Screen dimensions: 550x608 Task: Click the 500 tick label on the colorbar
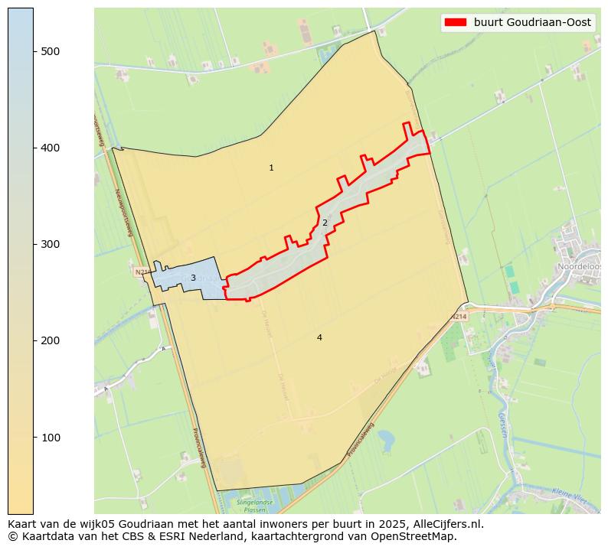(50, 51)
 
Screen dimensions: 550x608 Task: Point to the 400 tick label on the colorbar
(50, 148)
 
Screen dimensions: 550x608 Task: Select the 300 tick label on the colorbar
(50, 244)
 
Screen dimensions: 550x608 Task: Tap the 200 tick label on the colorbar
(50, 340)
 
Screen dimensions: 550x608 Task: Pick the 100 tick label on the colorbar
(50, 437)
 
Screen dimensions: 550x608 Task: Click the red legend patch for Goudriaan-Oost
(455, 22)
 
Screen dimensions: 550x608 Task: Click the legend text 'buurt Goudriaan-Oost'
(532, 22)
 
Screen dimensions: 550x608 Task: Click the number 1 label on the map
(271, 168)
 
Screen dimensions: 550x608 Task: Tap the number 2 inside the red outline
(325, 223)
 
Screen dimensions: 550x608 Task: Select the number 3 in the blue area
(193, 278)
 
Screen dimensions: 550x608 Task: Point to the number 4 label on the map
(319, 337)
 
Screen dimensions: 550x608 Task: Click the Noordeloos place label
(580, 266)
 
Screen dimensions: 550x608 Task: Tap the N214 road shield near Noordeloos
(459, 316)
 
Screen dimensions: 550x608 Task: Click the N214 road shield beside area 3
(141, 272)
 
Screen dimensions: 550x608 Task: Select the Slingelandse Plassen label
(255, 506)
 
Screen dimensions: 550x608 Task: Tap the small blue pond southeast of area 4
(386, 439)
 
